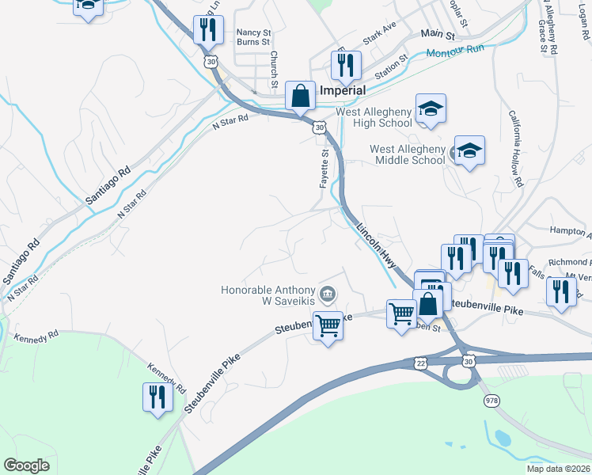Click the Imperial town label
[x=342, y=90]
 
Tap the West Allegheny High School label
[x=374, y=117]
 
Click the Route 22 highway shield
[x=420, y=362]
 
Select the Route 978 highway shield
[x=492, y=401]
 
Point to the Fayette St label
[x=324, y=169]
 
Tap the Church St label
[x=274, y=70]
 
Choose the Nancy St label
[x=253, y=32]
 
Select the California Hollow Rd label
[x=515, y=158]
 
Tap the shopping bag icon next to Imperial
[x=301, y=97]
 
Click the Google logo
[x=26, y=465]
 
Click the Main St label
[x=438, y=35]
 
